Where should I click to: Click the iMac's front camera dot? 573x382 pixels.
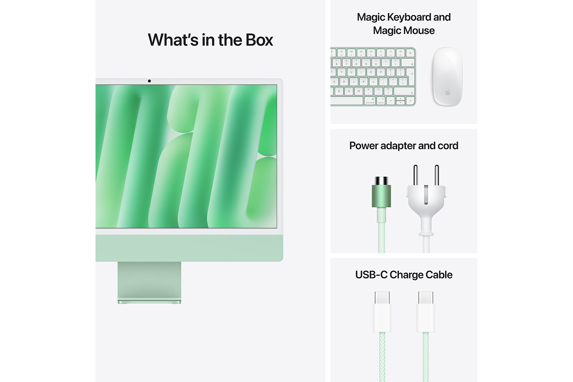[149, 81]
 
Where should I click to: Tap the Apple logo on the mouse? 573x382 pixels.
[448, 92]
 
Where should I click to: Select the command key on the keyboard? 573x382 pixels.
[370, 101]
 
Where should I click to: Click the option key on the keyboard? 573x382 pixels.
[381, 101]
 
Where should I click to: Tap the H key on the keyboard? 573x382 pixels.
[344, 81]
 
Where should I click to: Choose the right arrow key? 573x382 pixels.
[410, 101]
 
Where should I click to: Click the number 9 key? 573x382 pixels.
[366, 62]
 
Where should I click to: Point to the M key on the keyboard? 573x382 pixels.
[358, 91]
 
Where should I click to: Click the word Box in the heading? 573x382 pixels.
[259, 40]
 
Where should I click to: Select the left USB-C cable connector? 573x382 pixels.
[382, 311]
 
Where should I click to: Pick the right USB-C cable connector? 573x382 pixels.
[426, 311]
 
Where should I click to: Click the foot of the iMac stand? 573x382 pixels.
[149, 302]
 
